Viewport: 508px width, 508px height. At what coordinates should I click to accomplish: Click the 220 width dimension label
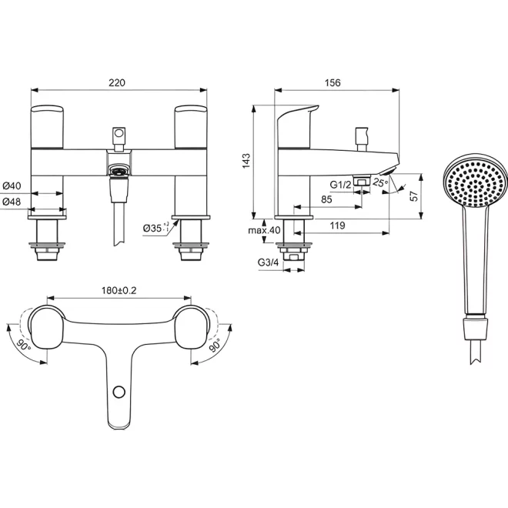pos(117,83)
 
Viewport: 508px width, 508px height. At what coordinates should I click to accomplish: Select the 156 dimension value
pos(333,83)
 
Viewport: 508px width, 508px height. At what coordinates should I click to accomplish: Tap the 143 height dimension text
pos(246,161)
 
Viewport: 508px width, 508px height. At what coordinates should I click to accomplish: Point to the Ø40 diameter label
pos(12,186)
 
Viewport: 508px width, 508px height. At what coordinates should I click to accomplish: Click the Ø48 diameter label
pos(12,202)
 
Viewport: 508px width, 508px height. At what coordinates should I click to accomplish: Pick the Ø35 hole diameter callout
pos(155,228)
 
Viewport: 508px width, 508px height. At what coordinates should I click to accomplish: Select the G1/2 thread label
pos(340,185)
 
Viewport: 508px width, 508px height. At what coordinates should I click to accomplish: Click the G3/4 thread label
pos(268,262)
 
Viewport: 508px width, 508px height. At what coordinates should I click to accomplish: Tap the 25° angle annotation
pos(380,182)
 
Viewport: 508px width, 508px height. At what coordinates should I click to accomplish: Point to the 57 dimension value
pos(414,196)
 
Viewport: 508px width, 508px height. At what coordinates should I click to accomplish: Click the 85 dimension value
pos(326,199)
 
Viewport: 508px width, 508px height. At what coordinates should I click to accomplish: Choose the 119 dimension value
pos(338,226)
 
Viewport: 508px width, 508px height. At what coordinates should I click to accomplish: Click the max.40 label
pos(264,230)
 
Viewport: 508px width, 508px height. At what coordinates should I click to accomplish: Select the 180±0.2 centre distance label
pos(119,290)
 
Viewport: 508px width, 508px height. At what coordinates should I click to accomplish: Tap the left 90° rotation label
pos(24,346)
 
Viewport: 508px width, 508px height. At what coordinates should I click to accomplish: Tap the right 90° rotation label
pos(215,346)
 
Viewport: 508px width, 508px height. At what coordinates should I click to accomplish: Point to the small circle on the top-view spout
pos(119,392)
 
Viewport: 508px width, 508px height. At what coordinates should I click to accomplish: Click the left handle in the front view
pos(47,127)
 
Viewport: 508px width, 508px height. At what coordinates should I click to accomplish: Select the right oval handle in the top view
pos(191,328)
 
